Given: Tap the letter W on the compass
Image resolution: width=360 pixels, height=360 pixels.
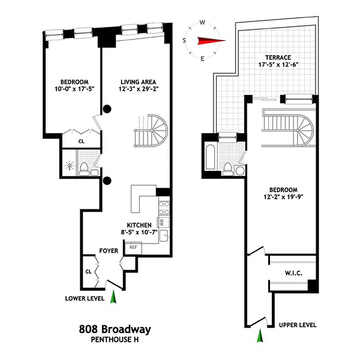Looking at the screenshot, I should coord(202,22).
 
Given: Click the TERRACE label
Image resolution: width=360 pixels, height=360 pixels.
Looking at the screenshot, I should coord(278,58).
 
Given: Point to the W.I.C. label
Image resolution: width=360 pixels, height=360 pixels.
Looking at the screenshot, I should coord(293,273).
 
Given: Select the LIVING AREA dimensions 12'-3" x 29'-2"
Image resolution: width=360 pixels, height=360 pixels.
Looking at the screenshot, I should coord(138,89).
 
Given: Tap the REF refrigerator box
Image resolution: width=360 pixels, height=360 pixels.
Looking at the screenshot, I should coord(133,247).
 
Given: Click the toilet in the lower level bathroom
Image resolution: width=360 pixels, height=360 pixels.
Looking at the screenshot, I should coord(84,169).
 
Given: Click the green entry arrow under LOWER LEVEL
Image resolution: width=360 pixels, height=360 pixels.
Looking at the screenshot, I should coord(113,297).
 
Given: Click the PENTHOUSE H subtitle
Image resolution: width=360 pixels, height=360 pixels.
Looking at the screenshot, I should coord(113,340).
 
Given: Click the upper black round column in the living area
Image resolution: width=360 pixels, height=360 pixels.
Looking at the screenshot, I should coord(108,108).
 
